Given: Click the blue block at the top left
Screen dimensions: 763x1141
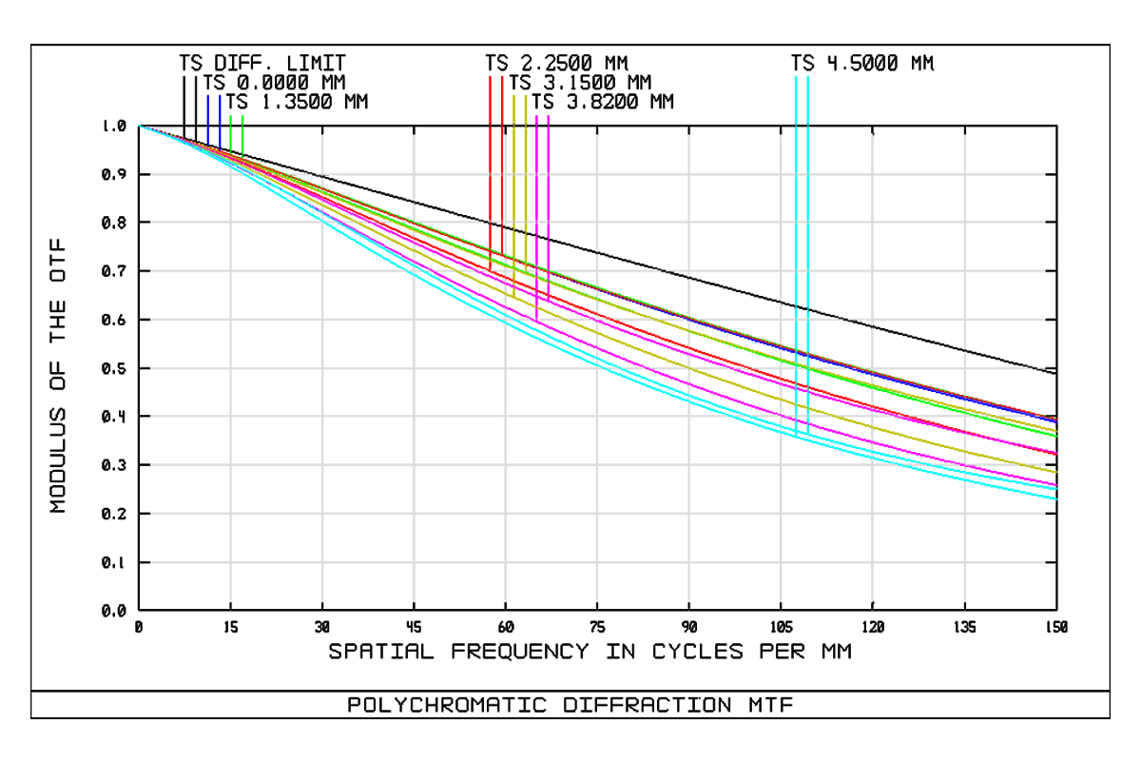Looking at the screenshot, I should tap(213, 107).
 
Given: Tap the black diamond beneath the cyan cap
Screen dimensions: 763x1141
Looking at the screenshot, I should tap(802, 125).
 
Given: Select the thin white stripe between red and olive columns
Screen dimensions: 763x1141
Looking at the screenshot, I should tap(506, 171).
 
